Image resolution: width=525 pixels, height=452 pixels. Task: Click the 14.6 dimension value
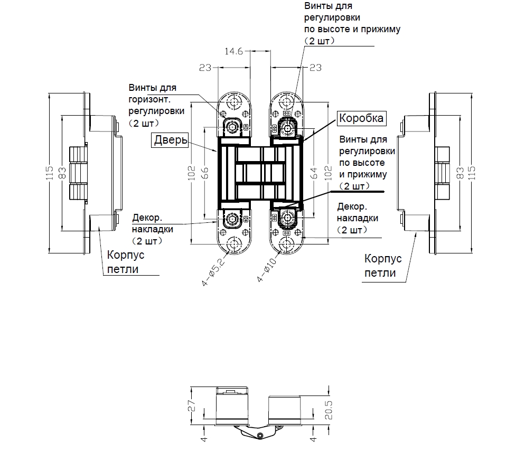233,52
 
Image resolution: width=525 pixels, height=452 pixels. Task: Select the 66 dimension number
207,173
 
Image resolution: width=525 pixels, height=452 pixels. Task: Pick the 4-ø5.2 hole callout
214,270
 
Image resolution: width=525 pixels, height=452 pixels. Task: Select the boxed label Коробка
361,118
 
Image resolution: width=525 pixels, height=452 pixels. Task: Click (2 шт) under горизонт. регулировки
144,123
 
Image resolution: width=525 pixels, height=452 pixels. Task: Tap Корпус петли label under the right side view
383,266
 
